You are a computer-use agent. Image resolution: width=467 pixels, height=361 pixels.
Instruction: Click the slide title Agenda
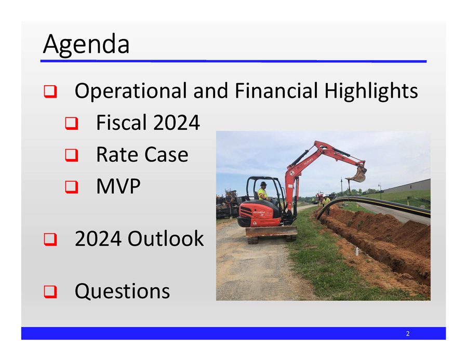pyautogui.click(x=86, y=45)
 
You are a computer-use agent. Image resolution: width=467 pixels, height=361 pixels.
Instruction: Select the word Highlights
pyautogui.click(x=371, y=91)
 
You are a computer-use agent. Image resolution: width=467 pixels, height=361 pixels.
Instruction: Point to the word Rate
pyautogui.click(x=115, y=154)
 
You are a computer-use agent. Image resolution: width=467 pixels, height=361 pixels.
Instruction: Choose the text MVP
pyautogui.click(x=118, y=186)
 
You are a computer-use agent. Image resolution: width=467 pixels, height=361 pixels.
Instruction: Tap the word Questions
pyautogui.click(x=122, y=291)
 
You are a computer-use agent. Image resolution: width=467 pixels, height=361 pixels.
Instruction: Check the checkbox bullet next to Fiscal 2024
pyautogui.click(x=71, y=124)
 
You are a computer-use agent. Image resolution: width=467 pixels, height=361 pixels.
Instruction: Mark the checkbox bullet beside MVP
pyautogui.click(x=71, y=187)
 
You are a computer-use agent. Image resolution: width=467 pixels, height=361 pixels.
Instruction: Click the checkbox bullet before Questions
pyautogui.click(x=50, y=292)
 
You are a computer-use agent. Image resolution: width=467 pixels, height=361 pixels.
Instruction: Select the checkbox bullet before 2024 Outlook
pyautogui.click(x=50, y=239)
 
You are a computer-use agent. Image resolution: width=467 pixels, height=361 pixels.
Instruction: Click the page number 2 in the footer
pyautogui.click(x=408, y=333)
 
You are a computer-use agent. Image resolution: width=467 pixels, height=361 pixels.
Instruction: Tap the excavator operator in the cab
pyautogui.click(x=263, y=192)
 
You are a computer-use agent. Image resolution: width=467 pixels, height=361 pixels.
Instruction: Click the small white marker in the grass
pyautogui.click(x=357, y=251)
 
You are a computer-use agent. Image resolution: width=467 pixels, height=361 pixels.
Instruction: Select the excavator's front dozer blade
pyautogui.click(x=271, y=232)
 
